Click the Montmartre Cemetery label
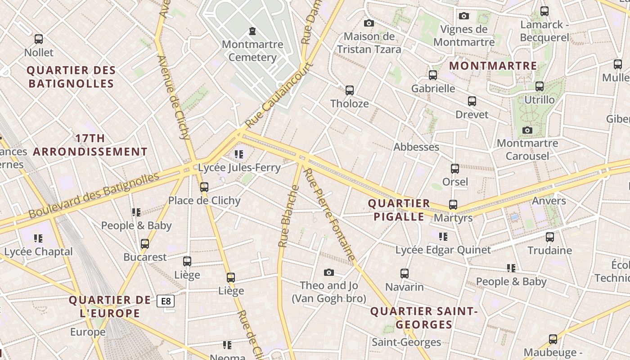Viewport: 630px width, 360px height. point(252,51)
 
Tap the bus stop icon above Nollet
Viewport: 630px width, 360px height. point(39,39)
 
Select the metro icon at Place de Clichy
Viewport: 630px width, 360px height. point(204,187)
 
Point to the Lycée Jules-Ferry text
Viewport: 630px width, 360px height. point(239,168)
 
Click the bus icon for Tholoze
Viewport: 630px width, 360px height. point(350,90)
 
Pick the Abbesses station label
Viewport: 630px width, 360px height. point(416,147)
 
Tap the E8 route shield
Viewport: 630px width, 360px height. point(166,301)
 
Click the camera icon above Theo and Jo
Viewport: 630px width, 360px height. point(329,272)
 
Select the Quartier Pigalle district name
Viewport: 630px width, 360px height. point(399,210)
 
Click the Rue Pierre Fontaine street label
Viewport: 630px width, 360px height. point(329,215)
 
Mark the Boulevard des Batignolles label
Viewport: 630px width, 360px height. point(94,196)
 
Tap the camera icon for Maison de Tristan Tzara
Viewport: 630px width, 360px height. point(369,23)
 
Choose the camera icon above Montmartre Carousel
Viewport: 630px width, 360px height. point(527,130)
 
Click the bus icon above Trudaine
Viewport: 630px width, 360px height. point(549,237)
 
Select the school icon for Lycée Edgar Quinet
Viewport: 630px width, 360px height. point(443,236)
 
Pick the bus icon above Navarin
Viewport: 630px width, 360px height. point(405,274)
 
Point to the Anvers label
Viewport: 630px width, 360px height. point(549,201)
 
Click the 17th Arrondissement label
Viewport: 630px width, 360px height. point(90,145)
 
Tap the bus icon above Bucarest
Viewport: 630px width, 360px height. point(145,244)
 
